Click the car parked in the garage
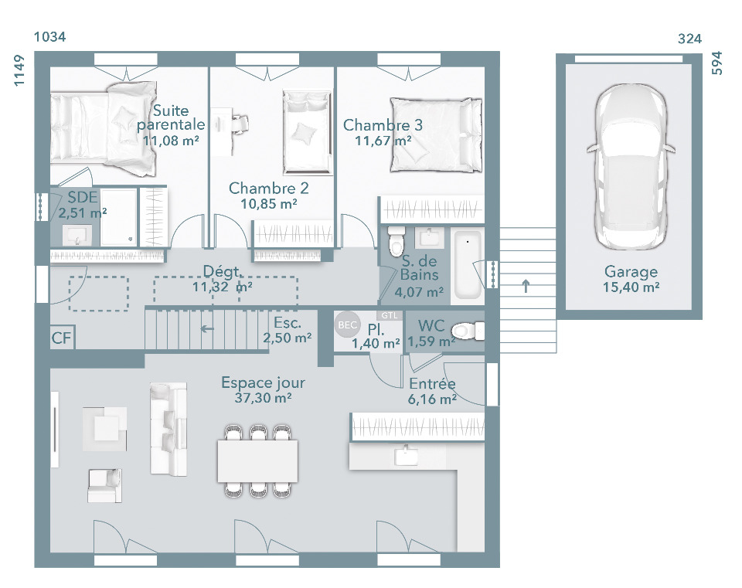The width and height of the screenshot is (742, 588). click(631, 167)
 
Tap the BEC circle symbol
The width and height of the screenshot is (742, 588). click(347, 325)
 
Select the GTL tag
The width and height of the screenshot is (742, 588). click(390, 315)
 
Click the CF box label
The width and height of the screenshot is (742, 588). click(62, 338)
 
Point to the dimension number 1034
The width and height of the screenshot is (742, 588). click(49, 37)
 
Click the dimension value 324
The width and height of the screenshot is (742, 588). click(689, 39)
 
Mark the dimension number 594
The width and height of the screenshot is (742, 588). click(717, 63)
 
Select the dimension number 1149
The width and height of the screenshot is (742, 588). click(19, 70)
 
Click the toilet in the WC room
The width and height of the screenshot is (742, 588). click(468, 331)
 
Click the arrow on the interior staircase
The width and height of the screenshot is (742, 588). click(207, 328)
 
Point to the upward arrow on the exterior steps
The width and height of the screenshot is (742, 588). click(526, 286)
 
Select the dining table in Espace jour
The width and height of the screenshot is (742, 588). click(257, 461)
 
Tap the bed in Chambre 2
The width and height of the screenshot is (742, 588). click(307, 133)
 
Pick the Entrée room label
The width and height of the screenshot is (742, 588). click(432, 384)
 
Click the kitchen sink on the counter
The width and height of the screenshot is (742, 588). click(406, 455)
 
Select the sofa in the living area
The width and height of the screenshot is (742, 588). click(168, 429)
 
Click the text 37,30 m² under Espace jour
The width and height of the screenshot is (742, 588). click(263, 398)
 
